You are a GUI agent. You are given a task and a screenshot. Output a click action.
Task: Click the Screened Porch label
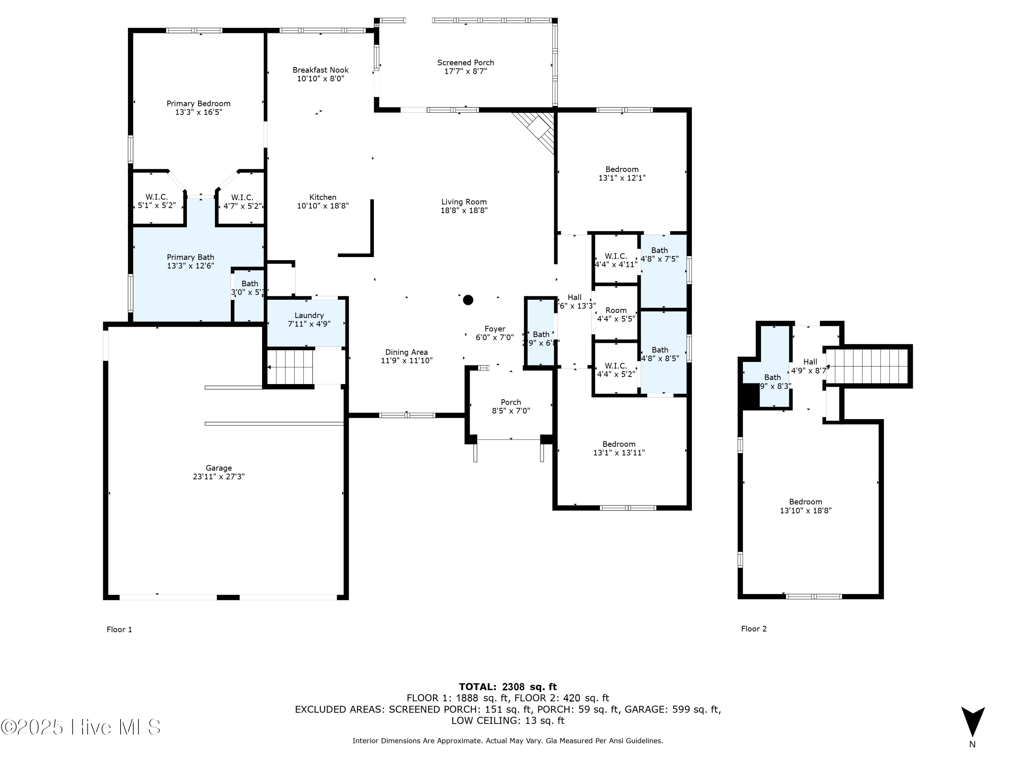pyautogui.click(x=465, y=62)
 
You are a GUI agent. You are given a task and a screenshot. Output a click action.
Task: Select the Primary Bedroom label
pyautogui.click(x=198, y=103)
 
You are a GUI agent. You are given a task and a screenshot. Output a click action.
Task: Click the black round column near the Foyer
pyautogui.click(x=468, y=300)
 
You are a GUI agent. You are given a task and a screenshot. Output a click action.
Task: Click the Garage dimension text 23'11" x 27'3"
pyautogui.click(x=219, y=477)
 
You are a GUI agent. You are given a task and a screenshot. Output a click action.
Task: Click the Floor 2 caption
pyautogui.click(x=754, y=629)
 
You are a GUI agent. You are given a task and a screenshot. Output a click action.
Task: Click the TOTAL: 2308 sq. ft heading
pyautogui.click(x=508, y=687)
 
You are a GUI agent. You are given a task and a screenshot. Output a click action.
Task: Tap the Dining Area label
pyautogui.click(x=406, y=352)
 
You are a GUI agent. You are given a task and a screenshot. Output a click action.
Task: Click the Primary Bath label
pyautogui.click(x=190, y=257)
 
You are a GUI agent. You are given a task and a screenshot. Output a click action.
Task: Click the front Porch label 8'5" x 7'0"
pyautogui.click(x=511, y=406)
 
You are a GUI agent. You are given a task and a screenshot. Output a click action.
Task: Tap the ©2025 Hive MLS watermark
pyautogui.click(x=81, y=727)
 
